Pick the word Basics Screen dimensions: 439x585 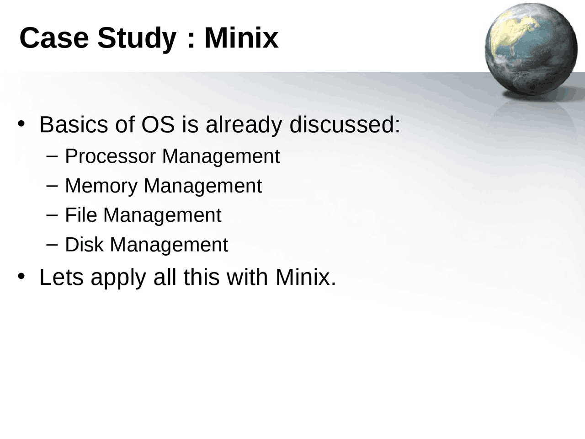coord(74,124)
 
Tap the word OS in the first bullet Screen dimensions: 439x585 coord(158,124)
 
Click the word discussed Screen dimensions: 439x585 coord(345,124)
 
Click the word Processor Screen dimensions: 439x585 coord(110,156)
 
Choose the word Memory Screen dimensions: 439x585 coord(101,186)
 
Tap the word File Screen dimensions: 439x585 coord(81,215)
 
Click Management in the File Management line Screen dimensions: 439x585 coord(162,215)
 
